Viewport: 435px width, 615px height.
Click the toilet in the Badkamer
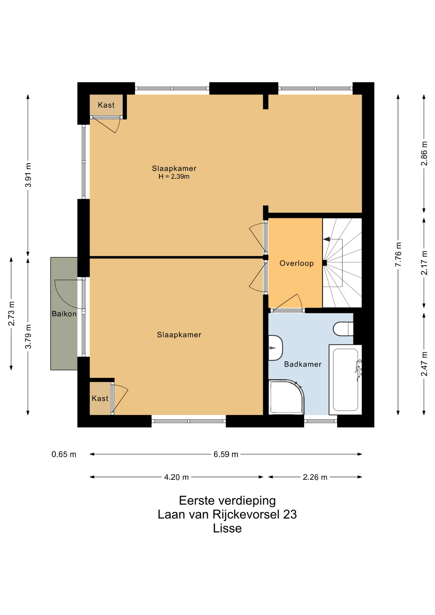point(343,329)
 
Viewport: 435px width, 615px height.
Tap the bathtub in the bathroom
point(345,380)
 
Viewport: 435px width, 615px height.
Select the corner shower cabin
point(286,397)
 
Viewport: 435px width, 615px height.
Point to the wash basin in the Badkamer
point(275,348)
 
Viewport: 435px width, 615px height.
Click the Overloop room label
point(296,263)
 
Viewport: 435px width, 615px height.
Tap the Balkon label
point(64,314)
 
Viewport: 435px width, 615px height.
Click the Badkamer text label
point(303,364)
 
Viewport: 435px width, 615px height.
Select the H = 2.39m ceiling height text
point(174,176)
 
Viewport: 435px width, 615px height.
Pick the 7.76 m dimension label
point(398,255)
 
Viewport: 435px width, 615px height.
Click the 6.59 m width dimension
point(226,454)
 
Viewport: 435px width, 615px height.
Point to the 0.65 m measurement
point(64,454)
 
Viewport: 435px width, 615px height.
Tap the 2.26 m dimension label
point(315,477)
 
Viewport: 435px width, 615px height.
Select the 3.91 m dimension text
point(28,175)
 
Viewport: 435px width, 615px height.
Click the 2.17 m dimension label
point(424,263)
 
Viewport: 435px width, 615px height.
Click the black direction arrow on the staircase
point(326,239)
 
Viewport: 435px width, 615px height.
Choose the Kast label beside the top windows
point(106,105)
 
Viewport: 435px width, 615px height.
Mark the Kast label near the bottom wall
point(100,398)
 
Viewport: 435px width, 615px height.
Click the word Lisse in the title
point(227,528)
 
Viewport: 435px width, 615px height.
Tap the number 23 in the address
point(290,514)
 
